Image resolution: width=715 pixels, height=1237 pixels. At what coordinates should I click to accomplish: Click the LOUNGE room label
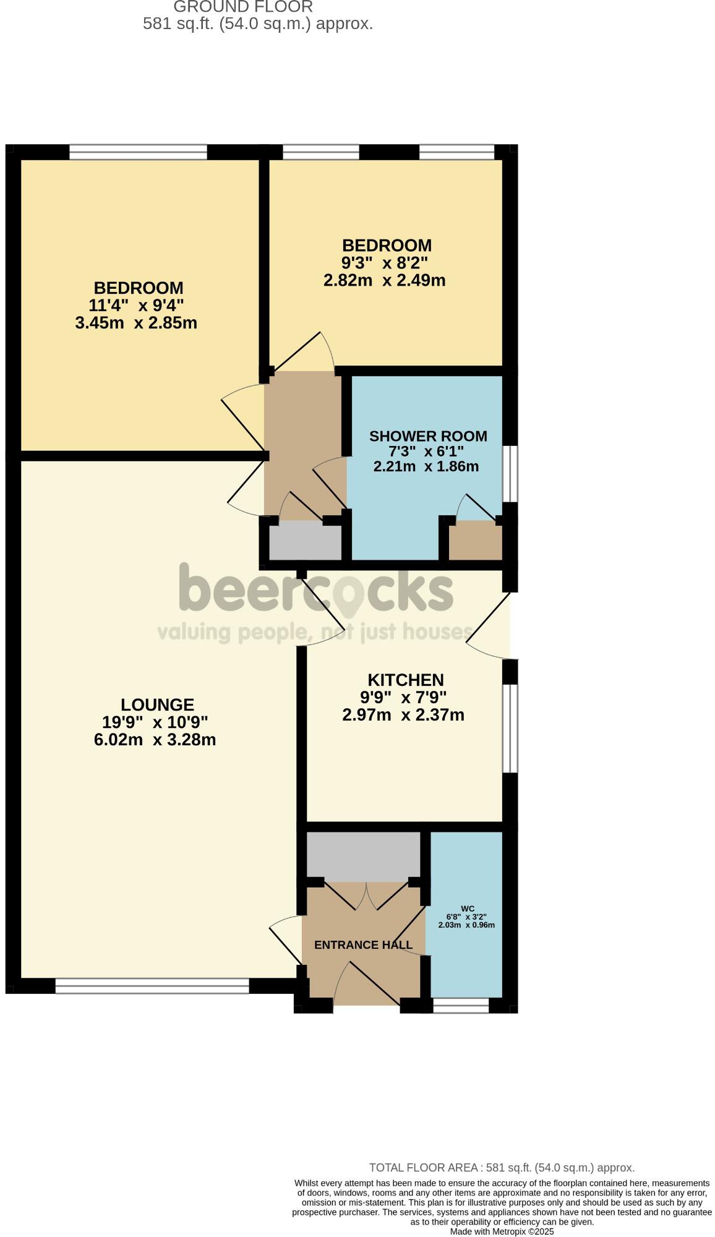pyautogui.click(x=157, y=704)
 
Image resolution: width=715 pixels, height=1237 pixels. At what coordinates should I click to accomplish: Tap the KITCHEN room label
pyautogui.click(x=405, y=680)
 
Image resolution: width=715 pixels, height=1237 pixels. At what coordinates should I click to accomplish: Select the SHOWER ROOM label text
pyautogui.click(x=428, y=436)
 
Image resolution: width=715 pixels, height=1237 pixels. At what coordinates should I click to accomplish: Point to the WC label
pyautogui.click(x=468, y=909)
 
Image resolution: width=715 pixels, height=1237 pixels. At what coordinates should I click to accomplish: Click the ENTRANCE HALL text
pyautogui.click(x=363, y=945)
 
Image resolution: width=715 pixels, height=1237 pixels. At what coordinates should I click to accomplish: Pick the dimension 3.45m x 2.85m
pyautogui.click(x=136, y=323)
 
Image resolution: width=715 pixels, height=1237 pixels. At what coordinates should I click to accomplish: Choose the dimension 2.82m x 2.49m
pyautogui.click(x=384, y=280)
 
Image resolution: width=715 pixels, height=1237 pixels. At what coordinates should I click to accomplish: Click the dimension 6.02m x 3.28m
pyautogui.click(x=155, y=740)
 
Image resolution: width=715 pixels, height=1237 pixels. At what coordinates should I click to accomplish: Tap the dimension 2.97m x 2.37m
pyautogui.click(x=403, y=715)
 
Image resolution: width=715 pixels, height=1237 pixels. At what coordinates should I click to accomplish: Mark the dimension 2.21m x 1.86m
pyautogui.click(x=426, y=466)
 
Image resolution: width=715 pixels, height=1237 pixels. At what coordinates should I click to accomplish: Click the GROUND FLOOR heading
pyautogui.click(x=243, y=7)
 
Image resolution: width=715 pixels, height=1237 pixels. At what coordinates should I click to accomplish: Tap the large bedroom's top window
pyautogui.click(x=138, y=152)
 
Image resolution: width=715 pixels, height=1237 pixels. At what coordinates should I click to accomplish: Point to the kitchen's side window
pyautogui.click(x=510, y=728)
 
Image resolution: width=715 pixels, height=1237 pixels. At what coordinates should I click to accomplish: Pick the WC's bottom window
pyautogui.click(x=461, y=1005)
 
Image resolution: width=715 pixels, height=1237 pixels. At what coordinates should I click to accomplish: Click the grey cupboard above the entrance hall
pyautogui.click(x=364, y=854)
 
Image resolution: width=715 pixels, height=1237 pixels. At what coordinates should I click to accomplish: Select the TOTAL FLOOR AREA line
pyautogui.click(x=502, y=1168)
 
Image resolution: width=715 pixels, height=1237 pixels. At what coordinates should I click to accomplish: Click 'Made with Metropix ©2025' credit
pyautogui.click(x=502, y=1231)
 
